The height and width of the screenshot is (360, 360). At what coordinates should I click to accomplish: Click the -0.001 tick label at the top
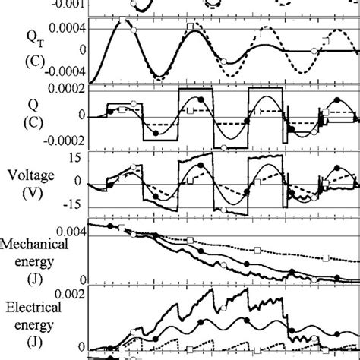click(68, 3)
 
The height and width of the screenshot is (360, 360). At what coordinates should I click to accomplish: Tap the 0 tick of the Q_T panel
click(81, 49)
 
